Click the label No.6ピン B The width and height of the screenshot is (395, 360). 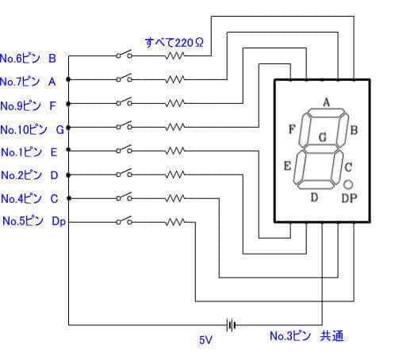pyautogui.click(x=29, y=58)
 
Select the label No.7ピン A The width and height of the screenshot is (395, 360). pyautogui.click(x=29, y=81)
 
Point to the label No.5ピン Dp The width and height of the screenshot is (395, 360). pyautogui.click(x=34, y=221)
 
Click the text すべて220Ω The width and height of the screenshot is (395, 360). pyautogui.click(x=174, y=41)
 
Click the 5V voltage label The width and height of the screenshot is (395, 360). pyautogui.click(x=205, y=339)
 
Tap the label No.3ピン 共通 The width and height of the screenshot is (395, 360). pyautogui.click(x=306, y=337)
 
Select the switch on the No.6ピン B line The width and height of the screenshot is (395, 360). pyautogui.click(x=124, y=56)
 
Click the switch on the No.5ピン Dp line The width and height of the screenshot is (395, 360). pyautogui.click(x=124, y=221)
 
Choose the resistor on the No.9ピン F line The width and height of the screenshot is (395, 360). pyautogui.click(x=175, y=103)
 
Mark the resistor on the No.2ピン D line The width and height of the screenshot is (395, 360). pyautogui.click(x=175, y=174)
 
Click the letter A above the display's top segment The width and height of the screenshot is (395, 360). pyautogui.click(x=325, y=101)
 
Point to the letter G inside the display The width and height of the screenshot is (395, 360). pyautogui.click(x=322, y=137)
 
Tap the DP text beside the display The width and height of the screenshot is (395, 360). pyautogui.click(x=350, y=198)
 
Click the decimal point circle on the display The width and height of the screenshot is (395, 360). pyautogui.click(x=348, y=184)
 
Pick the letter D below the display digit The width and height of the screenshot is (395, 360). pyautogui.click(x=315, y=197)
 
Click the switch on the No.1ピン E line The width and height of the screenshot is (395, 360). pyautogui.click(x=124, y=150)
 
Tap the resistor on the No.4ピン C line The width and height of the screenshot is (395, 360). pyautogui.click(x=175, y=197)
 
